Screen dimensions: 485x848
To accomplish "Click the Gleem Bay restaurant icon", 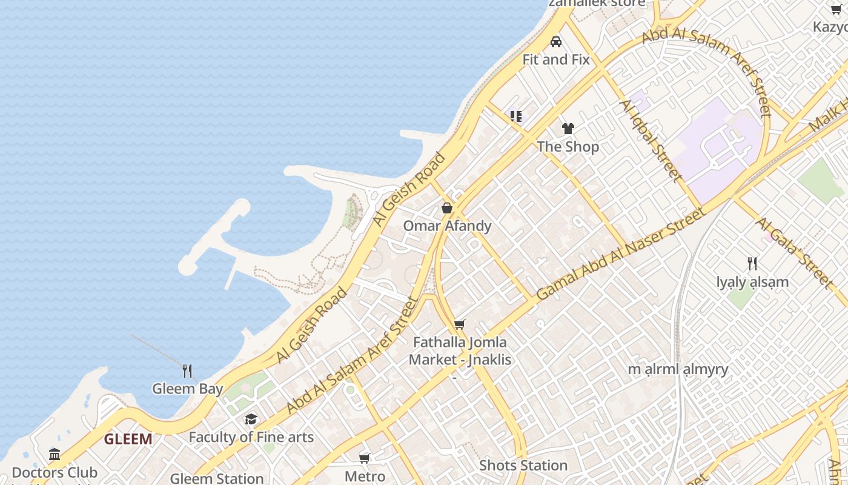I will pos(187,371).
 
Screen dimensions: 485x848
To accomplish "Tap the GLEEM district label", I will pos(128,439).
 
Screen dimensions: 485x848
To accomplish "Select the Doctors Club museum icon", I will pos(55,454).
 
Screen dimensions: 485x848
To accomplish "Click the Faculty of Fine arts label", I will pos(251,437).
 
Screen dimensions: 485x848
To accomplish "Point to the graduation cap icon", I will pos(251,420).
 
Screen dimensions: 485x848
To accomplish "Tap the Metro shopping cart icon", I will pos(365,458).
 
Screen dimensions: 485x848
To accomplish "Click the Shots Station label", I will pos(523,466).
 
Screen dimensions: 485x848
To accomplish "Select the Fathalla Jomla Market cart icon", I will pos(460,325).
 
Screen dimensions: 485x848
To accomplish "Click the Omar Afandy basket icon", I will pos(447,208).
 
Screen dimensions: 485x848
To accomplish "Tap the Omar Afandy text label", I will pos(447,226).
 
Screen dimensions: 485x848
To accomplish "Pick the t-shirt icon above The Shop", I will pos(568,129).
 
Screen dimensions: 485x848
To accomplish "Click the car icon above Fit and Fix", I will pos(556,42).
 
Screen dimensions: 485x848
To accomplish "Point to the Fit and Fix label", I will pos(556,59).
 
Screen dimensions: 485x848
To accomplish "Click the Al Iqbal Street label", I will pos(651,141).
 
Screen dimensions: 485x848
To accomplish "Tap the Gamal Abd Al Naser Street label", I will pos(621,253).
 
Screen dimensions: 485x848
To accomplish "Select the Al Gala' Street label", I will pos(793,252).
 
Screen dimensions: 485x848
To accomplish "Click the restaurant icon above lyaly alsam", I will pos(752,264).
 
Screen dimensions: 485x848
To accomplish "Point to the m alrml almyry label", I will pos(678,369).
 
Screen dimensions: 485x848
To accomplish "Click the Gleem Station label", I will pos(216,478).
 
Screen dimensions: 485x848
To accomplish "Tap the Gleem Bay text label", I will pos(187,389).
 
